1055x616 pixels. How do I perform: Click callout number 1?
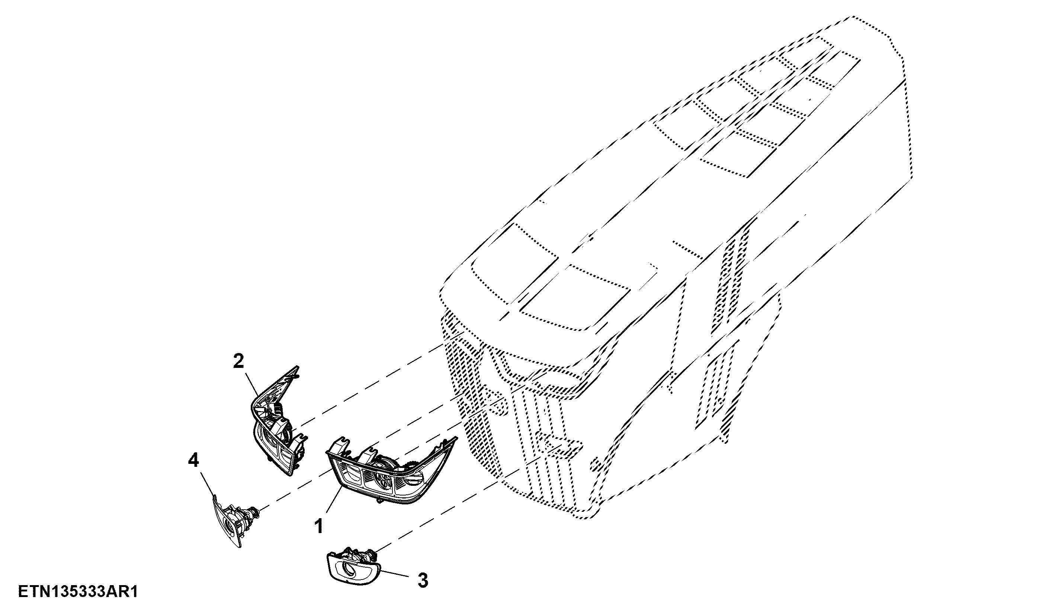(x=319, y=526)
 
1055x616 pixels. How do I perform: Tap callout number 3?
(x=423, y=581)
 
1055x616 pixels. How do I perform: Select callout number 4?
(x=193, y=461)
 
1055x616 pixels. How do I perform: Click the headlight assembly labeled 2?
(x=278, y=421)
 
